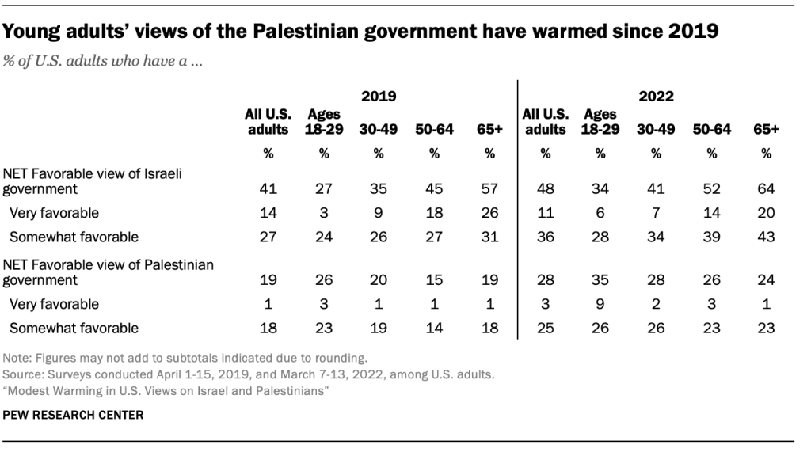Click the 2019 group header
(x=378, y=97)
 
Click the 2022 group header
(x=656, y=97)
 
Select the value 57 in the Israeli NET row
(x=490, y=189)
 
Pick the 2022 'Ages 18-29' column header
(x=600, y=122)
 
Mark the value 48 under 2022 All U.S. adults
(x=545, y=189)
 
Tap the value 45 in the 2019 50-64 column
(x=434, y=189)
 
